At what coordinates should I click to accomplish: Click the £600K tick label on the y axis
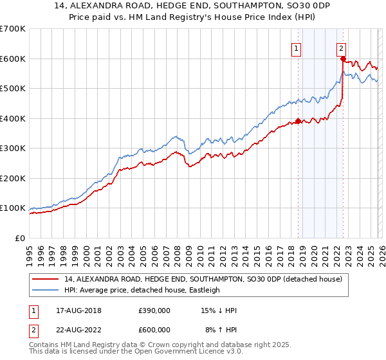click(13, 59)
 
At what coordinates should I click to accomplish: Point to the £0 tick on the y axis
click(21, 238)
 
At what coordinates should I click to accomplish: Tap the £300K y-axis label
click(13, 148)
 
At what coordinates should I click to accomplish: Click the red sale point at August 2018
click(298, 122)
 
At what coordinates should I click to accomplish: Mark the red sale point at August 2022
click(343, 59)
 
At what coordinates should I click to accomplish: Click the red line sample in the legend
click(46, 279)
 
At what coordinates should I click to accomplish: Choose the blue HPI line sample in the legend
click(46, 290)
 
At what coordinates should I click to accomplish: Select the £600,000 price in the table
click(154, 329)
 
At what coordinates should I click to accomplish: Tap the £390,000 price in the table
click(154, 310)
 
